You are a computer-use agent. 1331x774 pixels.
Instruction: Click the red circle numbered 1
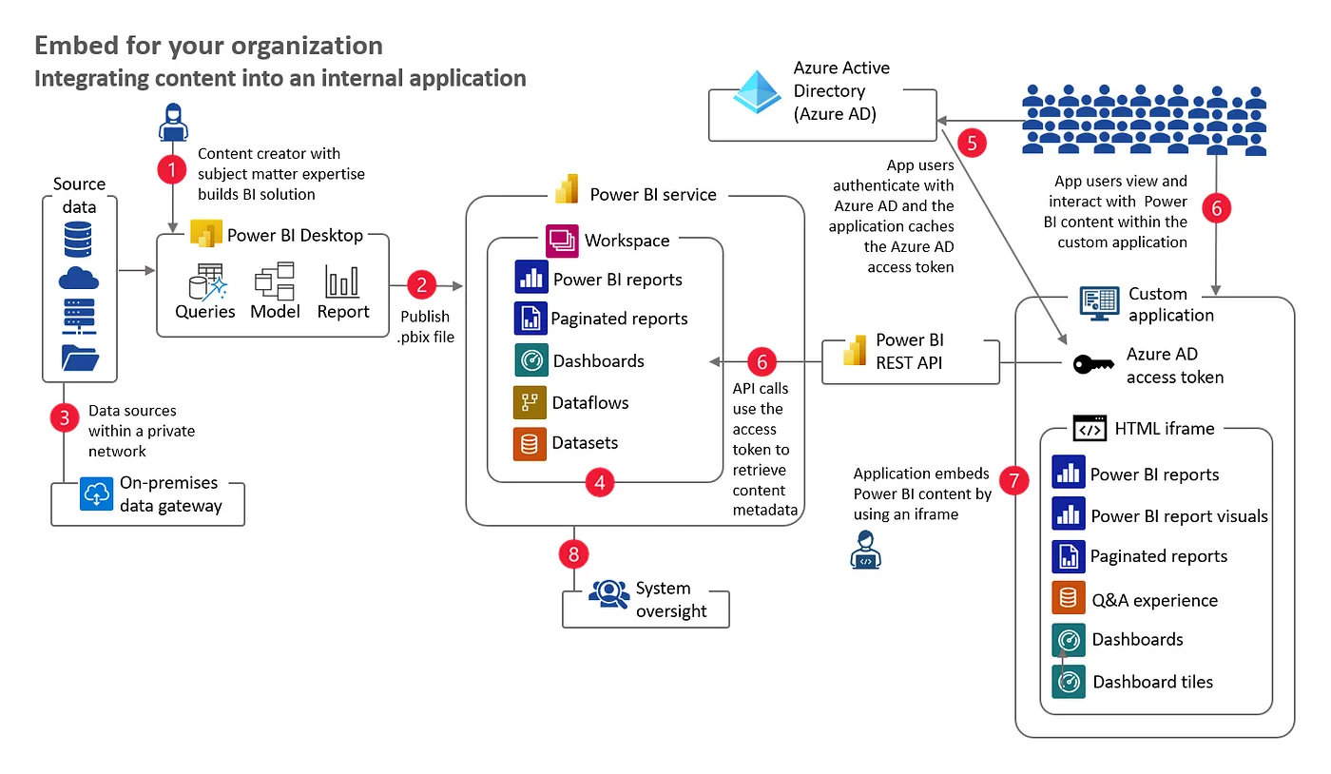point(172,170)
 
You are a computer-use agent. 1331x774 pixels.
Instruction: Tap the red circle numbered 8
point(574,553)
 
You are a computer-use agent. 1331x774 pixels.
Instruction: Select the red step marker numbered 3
point(64,418)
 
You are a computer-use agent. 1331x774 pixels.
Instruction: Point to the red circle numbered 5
point(972,143)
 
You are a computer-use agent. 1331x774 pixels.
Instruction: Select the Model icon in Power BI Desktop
point(275,282)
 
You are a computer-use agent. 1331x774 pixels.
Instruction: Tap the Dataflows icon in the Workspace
point(530,402)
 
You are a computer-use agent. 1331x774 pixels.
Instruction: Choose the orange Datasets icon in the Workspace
point(530,443)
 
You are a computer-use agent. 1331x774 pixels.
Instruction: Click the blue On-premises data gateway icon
point(97,494)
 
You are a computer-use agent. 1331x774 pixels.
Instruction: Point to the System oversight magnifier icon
point(608,594)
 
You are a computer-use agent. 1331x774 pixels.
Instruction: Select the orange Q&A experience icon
point(1069,599)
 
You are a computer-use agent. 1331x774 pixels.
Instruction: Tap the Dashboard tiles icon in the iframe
point(1069,682)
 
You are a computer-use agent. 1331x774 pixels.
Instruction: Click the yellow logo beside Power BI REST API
point(855,351)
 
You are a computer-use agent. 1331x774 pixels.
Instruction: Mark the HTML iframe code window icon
point(1090,428)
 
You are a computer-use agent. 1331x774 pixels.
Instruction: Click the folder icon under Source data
point(79,358)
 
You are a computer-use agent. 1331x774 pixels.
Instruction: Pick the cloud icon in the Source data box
point(79,278)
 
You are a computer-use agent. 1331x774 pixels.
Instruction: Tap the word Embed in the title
point(70,46)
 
